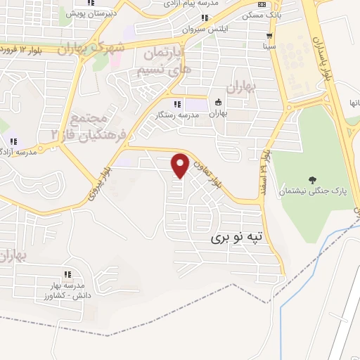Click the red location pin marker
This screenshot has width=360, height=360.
(181, 165)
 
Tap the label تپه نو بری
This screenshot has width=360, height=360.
(240, 239)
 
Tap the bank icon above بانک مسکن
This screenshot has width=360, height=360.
(262, 6)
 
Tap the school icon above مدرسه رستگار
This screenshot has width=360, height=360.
(176, 104)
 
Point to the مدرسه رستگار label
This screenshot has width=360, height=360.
(176, 114)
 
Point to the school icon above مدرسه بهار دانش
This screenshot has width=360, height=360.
(67, 274)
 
